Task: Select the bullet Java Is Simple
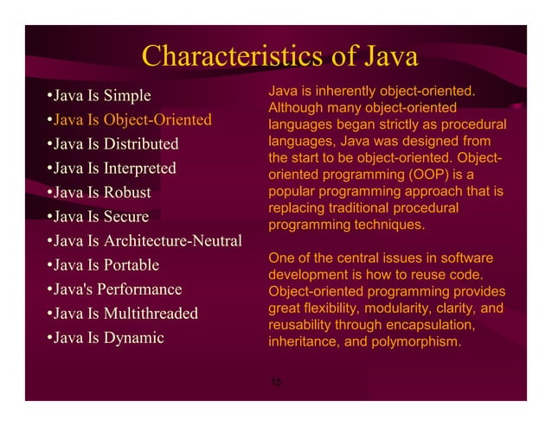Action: click(99, 94)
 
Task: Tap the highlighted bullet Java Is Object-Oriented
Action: click(130, 118)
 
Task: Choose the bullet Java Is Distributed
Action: click(113, 143)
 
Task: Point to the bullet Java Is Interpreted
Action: click(112, 168)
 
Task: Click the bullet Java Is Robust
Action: click(99, 192)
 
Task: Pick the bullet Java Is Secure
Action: click(99, 216)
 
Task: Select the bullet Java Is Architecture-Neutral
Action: click(144, 240)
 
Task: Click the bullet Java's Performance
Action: click(114, 289)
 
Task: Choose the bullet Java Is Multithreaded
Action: click(123, 313)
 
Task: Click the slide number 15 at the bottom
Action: click(275, 382)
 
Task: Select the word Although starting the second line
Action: click(295, 108)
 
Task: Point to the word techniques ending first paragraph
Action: click(387, 225)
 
